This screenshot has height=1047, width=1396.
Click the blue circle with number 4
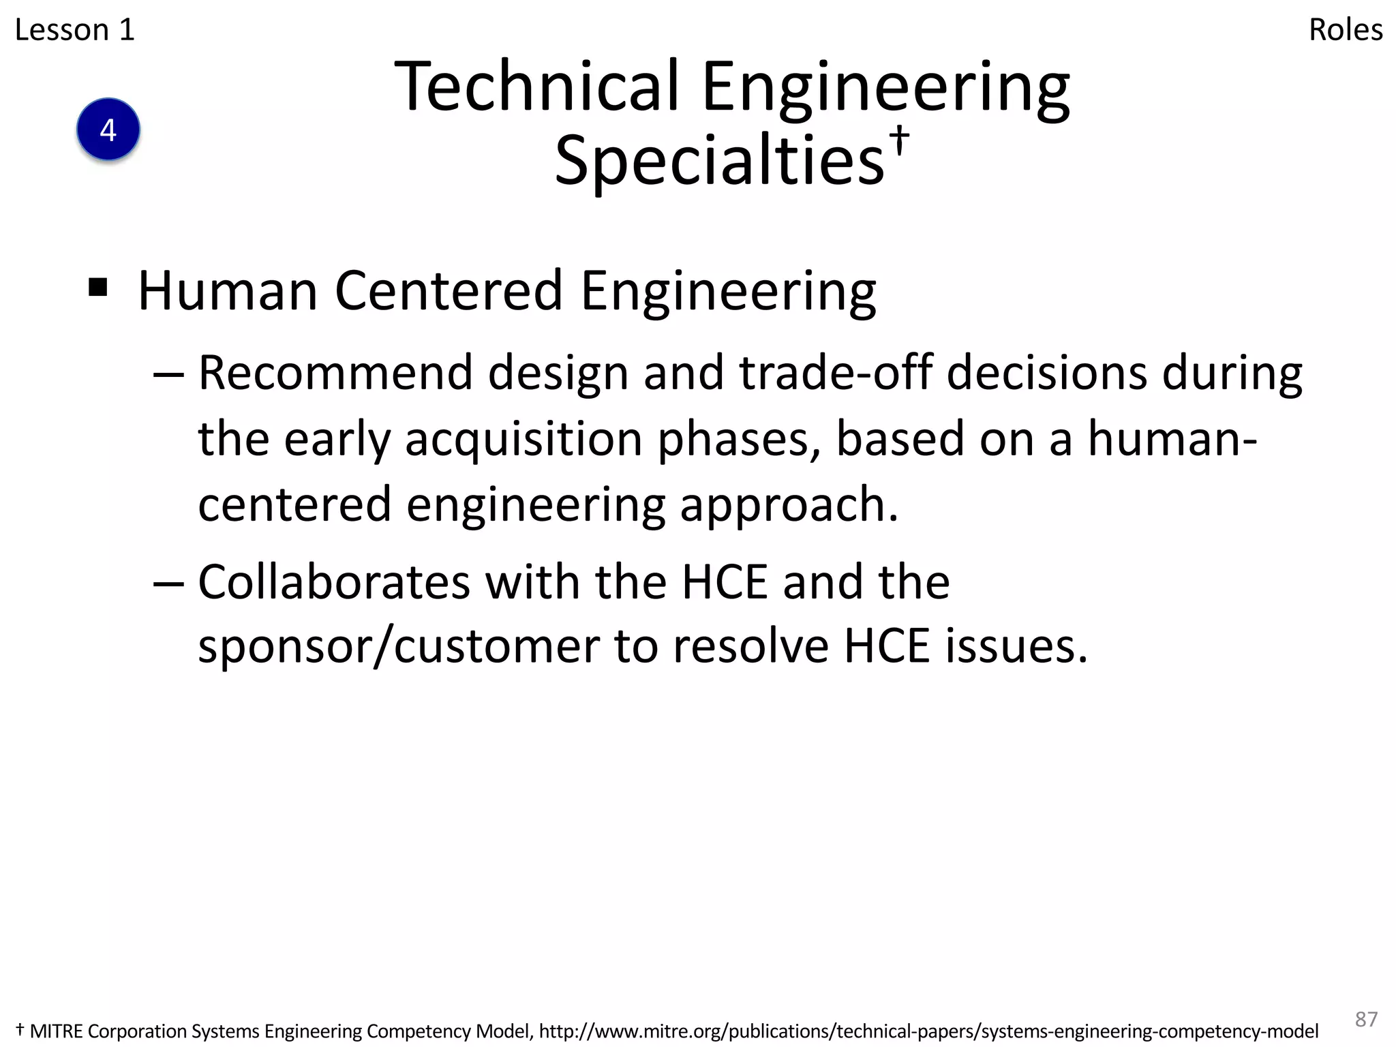[108, 130]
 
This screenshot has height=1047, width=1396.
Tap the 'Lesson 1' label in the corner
[75, 30]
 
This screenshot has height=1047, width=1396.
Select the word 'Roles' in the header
[1346, 30]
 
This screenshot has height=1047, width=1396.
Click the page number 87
[1366, 1018]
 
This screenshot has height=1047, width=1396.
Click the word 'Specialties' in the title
[719, 161]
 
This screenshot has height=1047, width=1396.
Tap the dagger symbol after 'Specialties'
[900, 138]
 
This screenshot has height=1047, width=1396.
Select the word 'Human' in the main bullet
[228, 291]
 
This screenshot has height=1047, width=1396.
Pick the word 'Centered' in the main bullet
[449, 291]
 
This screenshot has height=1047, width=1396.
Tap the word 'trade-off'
[836, 374]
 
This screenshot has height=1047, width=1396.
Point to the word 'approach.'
[789, 505]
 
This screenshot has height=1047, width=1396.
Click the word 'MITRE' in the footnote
[57, 1031]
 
